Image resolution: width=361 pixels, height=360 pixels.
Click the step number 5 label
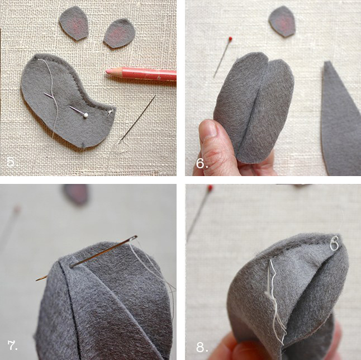point(11,162)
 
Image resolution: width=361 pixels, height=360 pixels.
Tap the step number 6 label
point(202,164)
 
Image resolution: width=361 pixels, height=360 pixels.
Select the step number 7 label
point(12,345)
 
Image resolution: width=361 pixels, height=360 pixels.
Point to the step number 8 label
point(202,347)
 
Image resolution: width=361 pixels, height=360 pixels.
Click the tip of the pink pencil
point(107,72)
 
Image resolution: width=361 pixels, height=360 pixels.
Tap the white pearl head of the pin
point(85,115)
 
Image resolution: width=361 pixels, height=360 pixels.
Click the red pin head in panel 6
point(230,39)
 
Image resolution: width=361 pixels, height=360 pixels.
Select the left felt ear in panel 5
point(74,23)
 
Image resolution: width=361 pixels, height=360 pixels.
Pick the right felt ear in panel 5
point(119,33)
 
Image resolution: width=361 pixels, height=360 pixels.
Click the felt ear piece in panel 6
point(282,21)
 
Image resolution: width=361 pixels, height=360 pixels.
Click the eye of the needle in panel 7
point(134,238)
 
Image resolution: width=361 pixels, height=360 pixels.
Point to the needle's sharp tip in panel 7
point(36,280)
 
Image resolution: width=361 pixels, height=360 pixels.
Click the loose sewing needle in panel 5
point(137,119)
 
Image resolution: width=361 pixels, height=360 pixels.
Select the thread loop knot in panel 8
point(334,243)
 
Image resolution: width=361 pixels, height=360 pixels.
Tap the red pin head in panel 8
point(210,188)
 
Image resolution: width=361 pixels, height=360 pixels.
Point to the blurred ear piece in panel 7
point(76,194)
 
